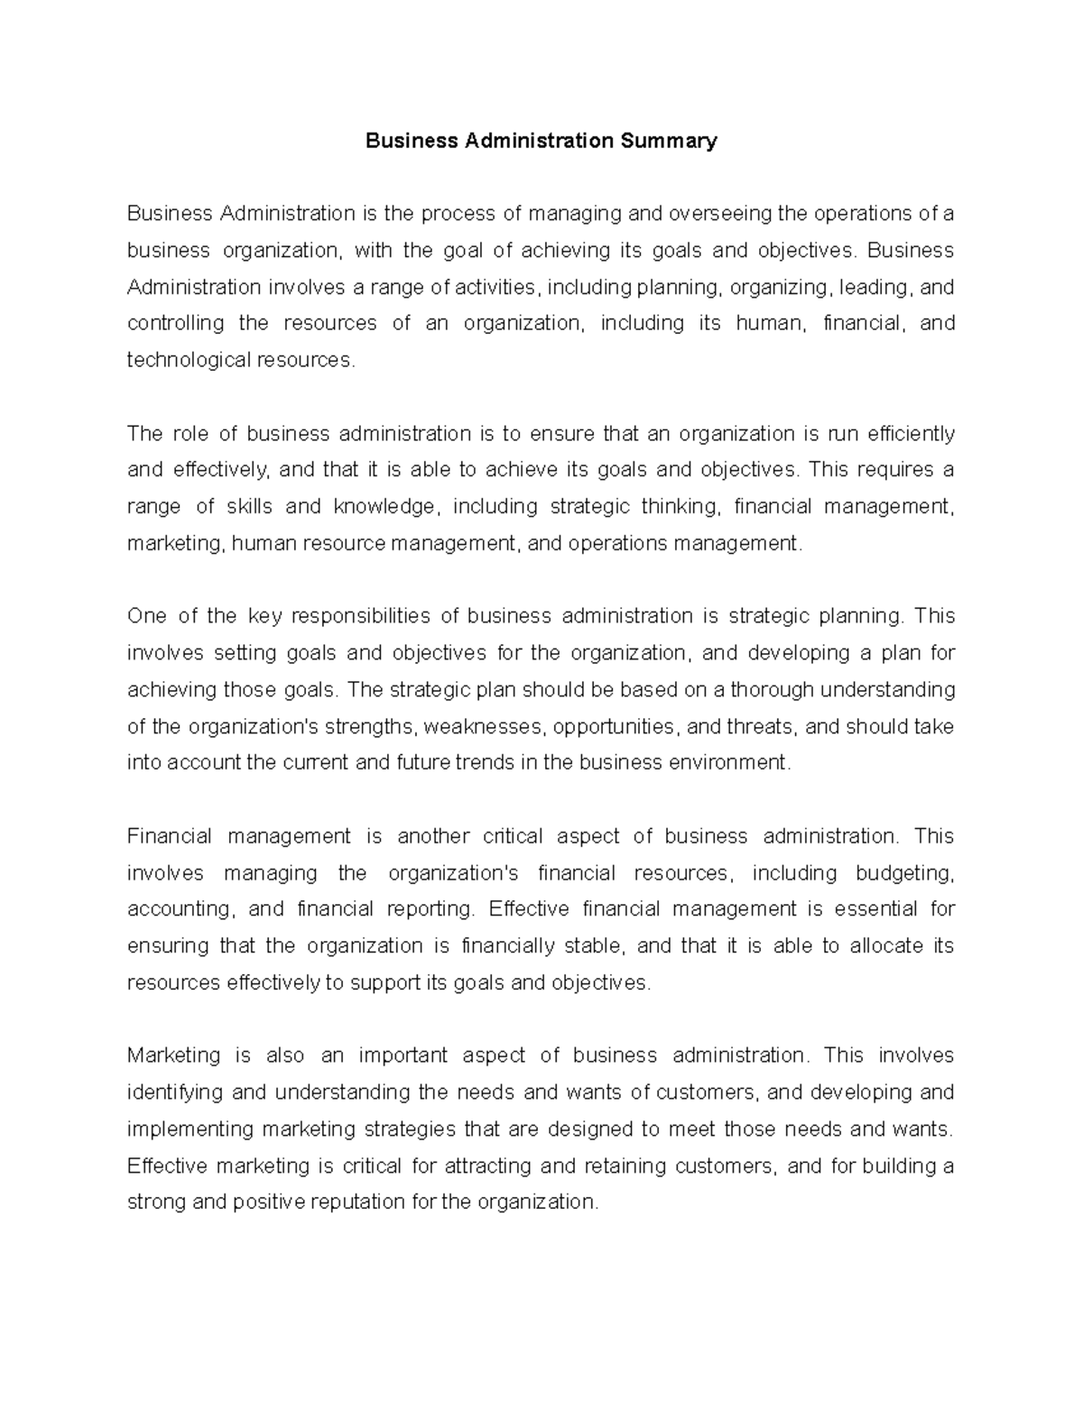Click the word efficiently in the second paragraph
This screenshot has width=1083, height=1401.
pos(911,434)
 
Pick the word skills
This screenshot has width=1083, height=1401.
pos(248,507)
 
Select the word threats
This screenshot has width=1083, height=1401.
pos(761,726)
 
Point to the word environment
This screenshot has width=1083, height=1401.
pos(728,763)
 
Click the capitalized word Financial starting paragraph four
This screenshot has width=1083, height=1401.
pos(170,836)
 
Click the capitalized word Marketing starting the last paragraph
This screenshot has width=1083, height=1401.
pos(174,1055)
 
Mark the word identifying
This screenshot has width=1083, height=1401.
pos(174,1092)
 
